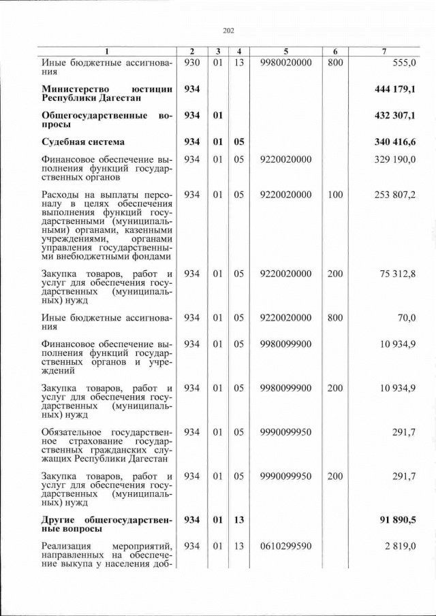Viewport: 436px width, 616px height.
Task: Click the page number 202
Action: pyautogui.click(x=228, y=30)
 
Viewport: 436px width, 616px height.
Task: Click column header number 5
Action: pyautogui.click(x=286, y=52)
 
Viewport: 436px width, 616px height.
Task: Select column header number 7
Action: pyautogui.click(x=386, y=52)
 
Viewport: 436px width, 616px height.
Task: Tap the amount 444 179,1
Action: pyautogui.click(x=395, y=89)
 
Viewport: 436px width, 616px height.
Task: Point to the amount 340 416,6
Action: pyautogui.click(x=395, y=142)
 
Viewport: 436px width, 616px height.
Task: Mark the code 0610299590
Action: pyautogui.click(x=286, y=547)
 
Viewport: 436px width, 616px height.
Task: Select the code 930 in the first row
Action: pyautogui.click(x=191, y=63)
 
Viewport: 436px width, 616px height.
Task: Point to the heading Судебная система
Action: pyautogui.click(x=82, y=142)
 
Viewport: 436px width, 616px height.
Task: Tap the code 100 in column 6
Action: pyautogui.click(x=334, y=195)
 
